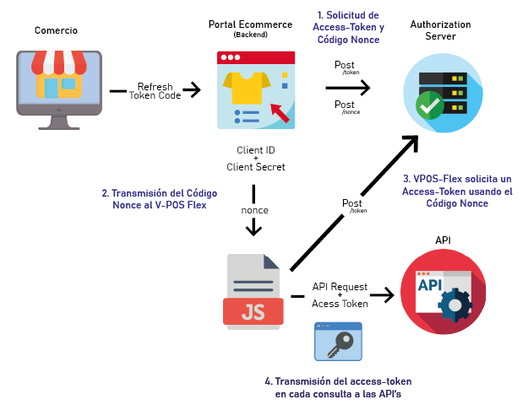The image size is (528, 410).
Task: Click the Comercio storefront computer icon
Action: point(57,89)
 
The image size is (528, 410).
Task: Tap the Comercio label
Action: point(56,31)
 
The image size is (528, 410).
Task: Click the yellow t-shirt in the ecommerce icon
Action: point(249,85)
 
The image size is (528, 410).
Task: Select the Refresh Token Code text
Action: point(155,91)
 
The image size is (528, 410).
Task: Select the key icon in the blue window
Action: point(337,343)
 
